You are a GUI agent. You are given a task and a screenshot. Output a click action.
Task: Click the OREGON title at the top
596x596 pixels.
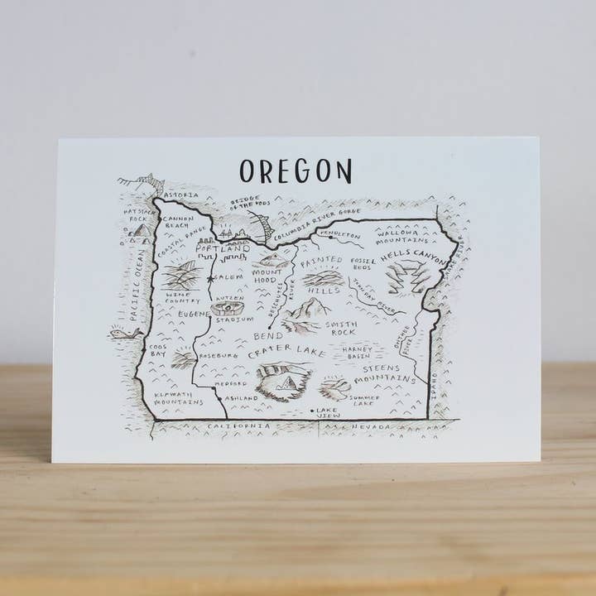(296, 171)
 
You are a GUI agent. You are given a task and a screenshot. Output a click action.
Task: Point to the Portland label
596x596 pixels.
(224, 248)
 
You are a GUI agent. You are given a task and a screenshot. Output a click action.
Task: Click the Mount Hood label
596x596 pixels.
(268, 276)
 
